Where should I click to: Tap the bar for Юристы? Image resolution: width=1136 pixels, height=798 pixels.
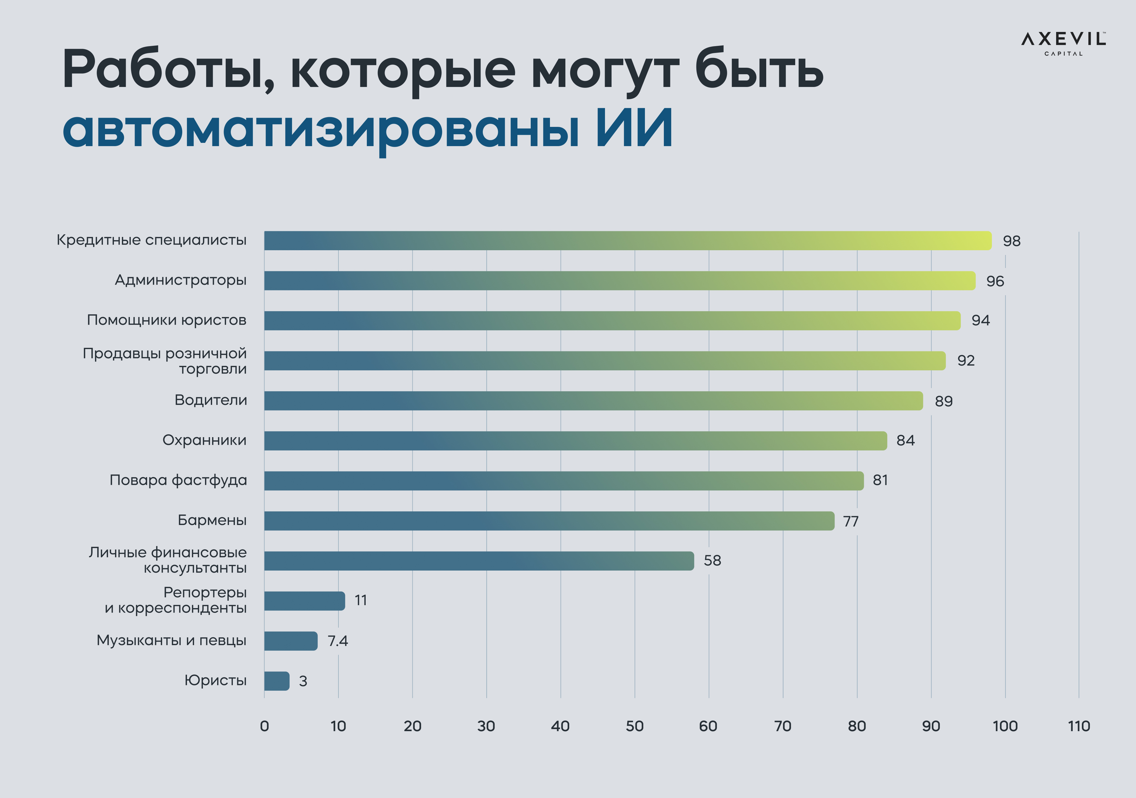pos(277,681)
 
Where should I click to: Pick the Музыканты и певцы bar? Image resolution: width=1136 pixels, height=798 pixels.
pos(291,641)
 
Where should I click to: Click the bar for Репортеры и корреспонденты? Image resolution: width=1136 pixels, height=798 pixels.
pos(304,601)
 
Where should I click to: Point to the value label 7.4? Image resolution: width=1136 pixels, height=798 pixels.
pos(338,641)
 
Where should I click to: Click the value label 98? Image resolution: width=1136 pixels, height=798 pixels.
pos(1011,241)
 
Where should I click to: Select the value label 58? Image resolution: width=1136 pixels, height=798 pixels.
pos(712,560)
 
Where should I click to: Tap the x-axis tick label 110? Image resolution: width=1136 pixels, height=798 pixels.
pos(1079,726)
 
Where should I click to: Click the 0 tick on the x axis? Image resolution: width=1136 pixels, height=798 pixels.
pos(264,726)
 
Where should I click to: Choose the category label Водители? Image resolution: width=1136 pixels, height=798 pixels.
pos(210,400)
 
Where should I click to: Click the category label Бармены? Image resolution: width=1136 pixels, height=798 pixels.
pos(212,520)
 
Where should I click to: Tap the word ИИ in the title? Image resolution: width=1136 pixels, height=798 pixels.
pos(634,128)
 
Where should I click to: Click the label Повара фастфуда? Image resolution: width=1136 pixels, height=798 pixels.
pos(178,480)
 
